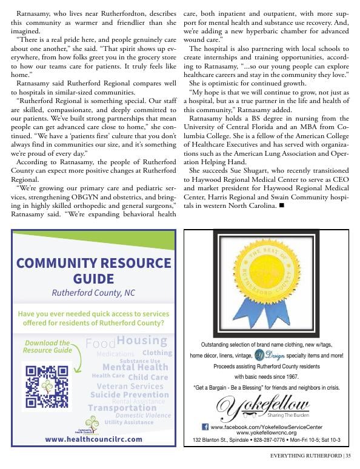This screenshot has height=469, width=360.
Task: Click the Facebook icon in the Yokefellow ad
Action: (205, 427)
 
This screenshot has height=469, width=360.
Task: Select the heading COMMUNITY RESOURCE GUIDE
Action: (94, 271)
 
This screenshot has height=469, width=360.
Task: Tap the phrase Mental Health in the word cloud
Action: (135, 367)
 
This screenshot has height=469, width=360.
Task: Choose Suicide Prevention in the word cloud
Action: (129, 394)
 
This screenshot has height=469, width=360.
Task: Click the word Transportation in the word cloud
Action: (122, 408)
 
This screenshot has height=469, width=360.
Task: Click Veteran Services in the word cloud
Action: (130, 386)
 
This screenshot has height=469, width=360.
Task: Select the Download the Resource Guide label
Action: (47, 347)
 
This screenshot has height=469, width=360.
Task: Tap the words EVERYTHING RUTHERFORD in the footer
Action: (305, 456)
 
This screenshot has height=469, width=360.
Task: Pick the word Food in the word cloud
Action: (100, 344)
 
